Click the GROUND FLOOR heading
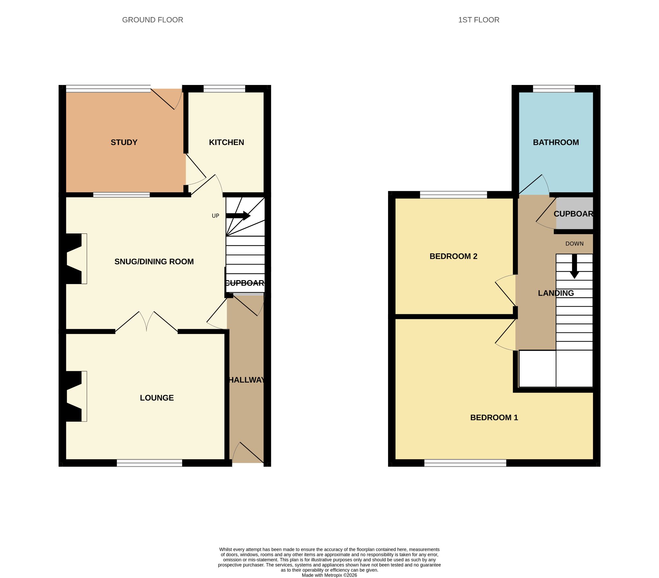coord(153,20)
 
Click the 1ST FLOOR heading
coord(478,20)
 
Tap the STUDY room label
coord(124,142)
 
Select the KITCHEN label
coord(226,142)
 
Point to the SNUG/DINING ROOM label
coord(154,261)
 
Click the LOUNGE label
coord(157,398)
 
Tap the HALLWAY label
coord(246,380)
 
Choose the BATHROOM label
coord(556,142)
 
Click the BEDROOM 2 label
coord(453,256)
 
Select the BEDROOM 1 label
coord(494,417)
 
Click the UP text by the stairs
coord(215,216)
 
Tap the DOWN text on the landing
coord(574,244)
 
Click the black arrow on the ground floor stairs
coord(238,216)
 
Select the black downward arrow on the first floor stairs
coord(574,266)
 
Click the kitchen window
coord(224,89)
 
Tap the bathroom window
coord(554,89)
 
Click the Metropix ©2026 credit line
coord(329,575)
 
